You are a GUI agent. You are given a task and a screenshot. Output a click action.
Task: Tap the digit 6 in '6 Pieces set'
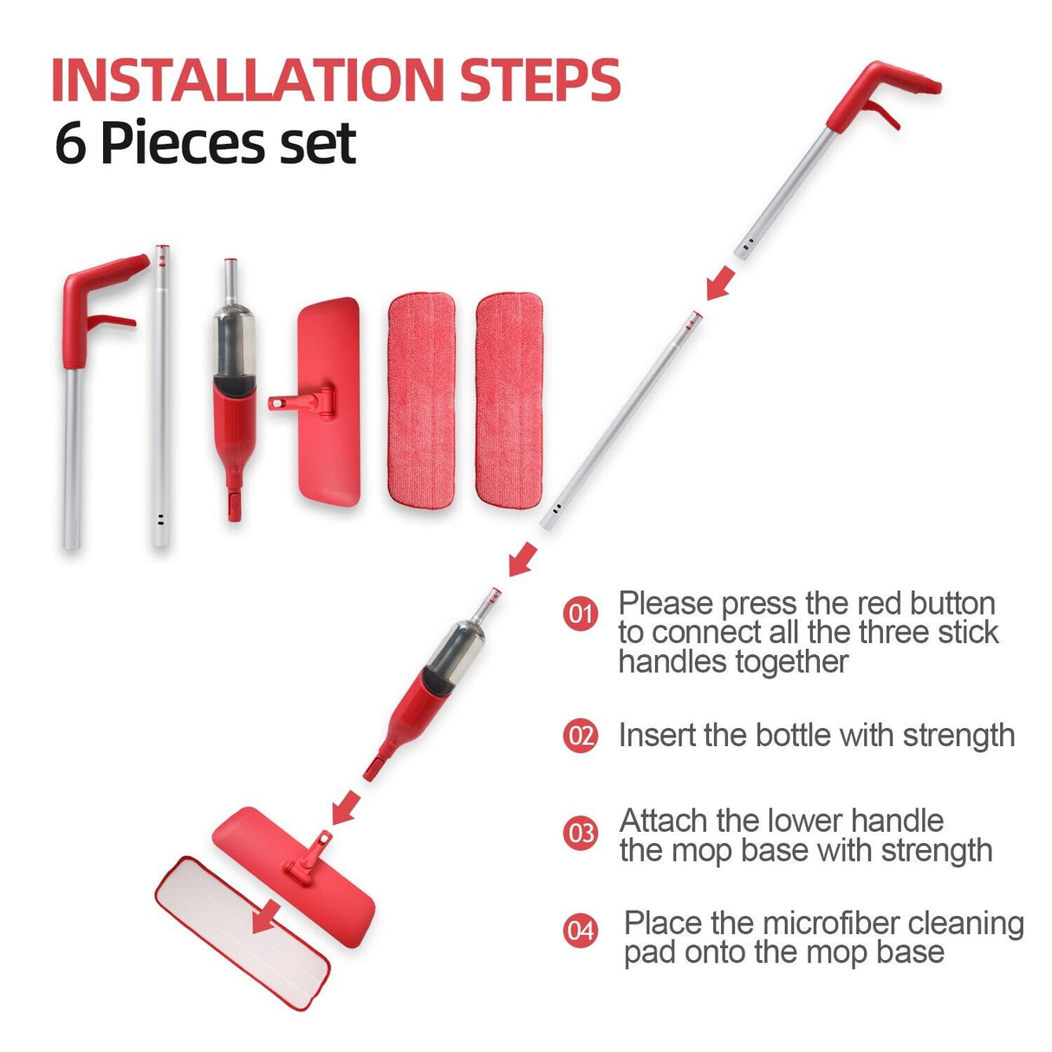click(x=70, y=144)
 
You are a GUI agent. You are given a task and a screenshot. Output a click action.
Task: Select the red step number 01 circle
click(x=581, y=614)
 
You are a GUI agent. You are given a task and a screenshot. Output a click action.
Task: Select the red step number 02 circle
click(x=581, y=736)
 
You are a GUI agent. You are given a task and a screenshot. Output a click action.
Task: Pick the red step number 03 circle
click(x=581, y=834)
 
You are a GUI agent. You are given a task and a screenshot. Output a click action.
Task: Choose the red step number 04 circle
click(x=581, y=931)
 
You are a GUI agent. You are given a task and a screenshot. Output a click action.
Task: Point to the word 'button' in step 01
click(x=951, y=603)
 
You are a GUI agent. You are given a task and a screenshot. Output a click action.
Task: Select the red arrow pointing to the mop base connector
click(x=346, y=807)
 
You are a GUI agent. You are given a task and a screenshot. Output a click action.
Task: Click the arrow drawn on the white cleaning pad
click(x=268, y=917)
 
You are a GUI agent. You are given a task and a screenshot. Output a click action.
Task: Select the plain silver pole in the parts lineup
click(x=160, y=399)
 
